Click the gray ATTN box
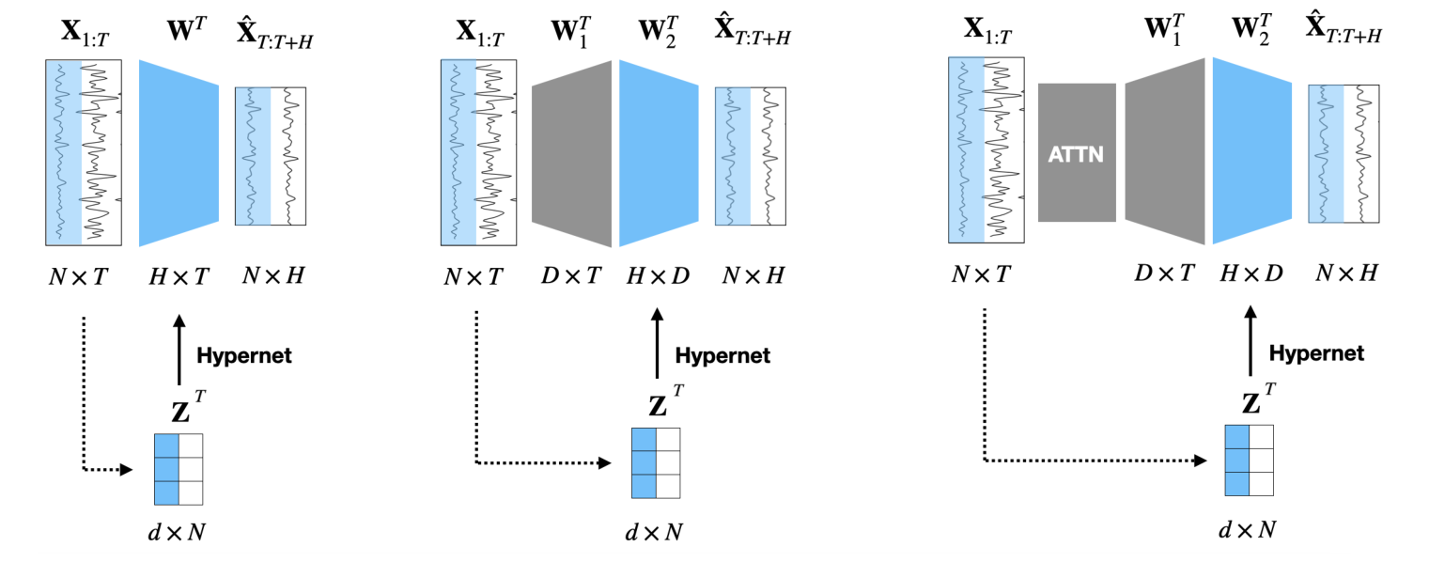coord(1076,152)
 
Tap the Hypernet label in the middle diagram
coord(722,355)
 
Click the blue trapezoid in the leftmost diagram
coord(179,153)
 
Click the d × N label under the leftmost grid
coord(179,531)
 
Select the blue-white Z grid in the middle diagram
coord(656,462)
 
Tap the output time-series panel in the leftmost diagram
coord(270,156)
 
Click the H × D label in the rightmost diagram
coord(1250,273)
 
